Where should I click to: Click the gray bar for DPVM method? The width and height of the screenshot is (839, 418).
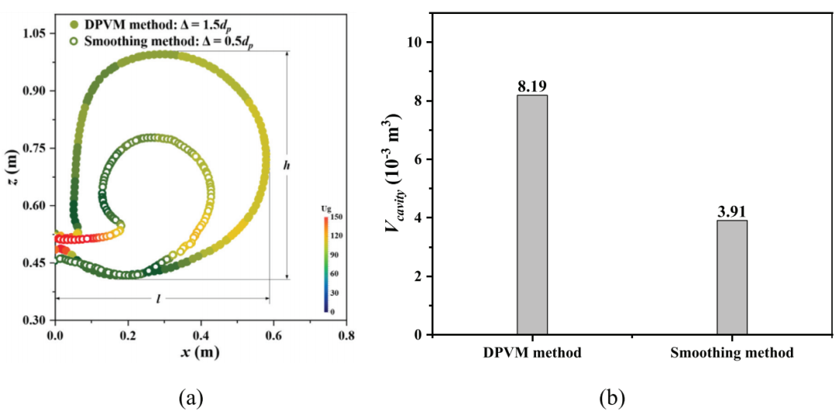[x=532, y=214]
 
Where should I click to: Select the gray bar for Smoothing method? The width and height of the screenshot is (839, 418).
[x=732, y=277]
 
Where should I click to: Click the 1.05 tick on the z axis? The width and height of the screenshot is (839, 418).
[x=36, y=33]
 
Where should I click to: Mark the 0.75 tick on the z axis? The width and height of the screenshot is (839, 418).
[x=36, y=148]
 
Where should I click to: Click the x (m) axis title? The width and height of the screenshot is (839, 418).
[x=200, y=354]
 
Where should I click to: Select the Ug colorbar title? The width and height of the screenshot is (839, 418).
[x=326, y=209]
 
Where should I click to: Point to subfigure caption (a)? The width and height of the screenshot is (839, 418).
[x=191, y=399]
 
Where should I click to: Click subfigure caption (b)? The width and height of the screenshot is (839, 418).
[x=611, y=399]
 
